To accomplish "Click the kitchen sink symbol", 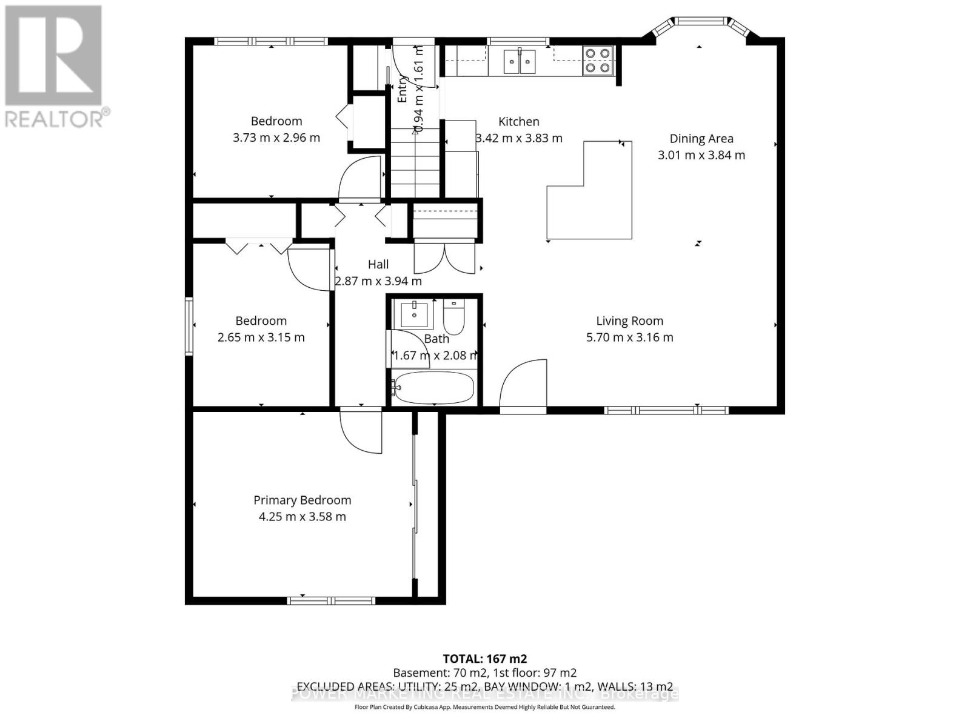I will coord(520,61).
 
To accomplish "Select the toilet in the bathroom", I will coord(453,317).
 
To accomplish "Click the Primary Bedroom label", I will coord(302,500).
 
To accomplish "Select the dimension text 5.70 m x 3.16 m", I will coord(629,337).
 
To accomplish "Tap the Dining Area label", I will coord(701,139).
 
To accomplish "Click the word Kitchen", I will coord(518,122).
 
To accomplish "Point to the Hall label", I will coord(378,264).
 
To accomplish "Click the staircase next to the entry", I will coord(415,164).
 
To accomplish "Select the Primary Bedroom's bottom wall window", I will coord(323,600).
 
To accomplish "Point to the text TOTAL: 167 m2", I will coord(484,659).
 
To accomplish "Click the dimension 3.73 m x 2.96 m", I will coord(276,138).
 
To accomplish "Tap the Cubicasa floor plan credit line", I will coord(484,707).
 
